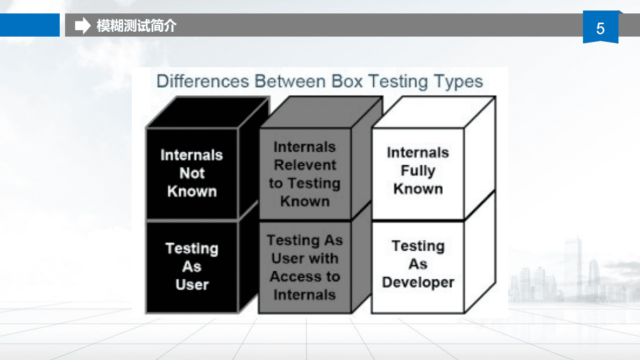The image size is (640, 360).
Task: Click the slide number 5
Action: click(x=600, y=29)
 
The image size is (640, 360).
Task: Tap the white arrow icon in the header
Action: click(x=82, y=25)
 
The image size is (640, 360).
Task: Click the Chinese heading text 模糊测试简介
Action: click(x=136, y=26)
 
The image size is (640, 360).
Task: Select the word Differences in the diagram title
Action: click(x=203, y=81)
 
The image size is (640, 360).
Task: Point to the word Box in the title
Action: click(x=347, y=81)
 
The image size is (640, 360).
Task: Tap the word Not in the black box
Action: click(x=192, y=173)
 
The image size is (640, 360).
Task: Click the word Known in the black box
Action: click(x=192, y=192)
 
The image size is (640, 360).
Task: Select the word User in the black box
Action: click(x=192, y=285)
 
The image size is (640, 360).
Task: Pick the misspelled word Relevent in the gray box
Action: click(x=305, y=165)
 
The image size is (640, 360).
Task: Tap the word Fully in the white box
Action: click(x=418, y=171)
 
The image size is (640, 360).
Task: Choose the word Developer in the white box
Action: click(x=418, y=282)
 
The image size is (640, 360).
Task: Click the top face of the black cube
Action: click(x=208, y=112)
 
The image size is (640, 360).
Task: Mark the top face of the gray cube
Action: click(x=321, y=112)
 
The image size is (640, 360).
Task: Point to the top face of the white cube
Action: click(x=435, y=112)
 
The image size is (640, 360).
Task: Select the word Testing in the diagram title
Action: click(x=398, y=82)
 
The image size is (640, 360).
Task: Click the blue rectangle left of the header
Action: click(x=30, y=25)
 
